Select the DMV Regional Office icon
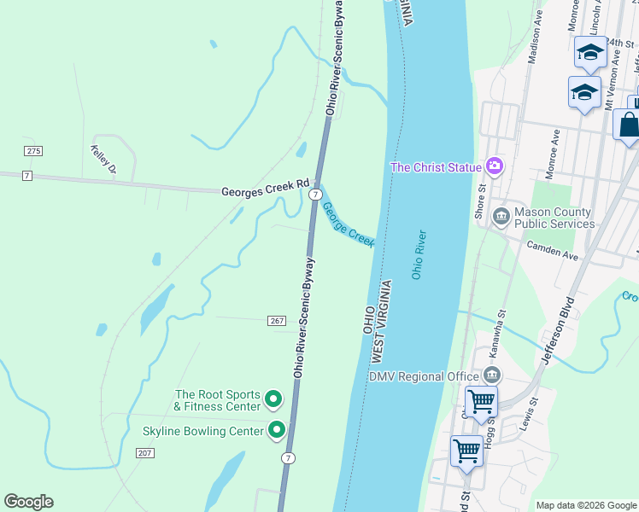[x=491, y=375]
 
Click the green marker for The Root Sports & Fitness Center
[x=273, y=399]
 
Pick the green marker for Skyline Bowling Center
[x=276, y=430]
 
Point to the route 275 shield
[x=32, y=151]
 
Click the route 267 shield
[x=275, y=319]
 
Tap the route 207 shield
[x=144, y=452]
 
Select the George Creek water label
[x=348, y=224]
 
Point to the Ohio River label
[x=419, y=254]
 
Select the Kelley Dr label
[x=103, y=161]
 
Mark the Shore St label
[x=480, y=201]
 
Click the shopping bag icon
[x=628, y=125]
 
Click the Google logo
[x=28, y=502]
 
